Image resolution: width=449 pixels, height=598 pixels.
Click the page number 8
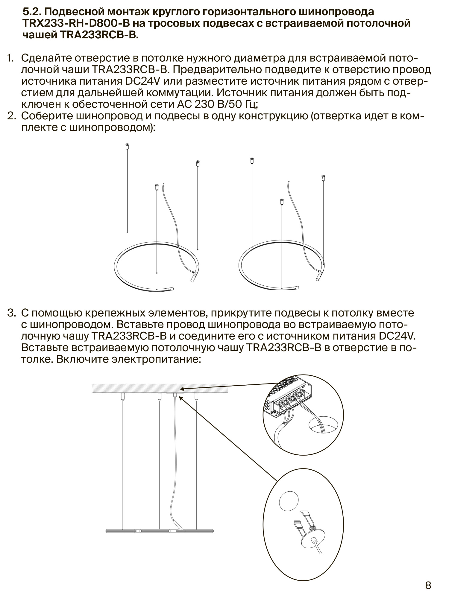coord(428,585)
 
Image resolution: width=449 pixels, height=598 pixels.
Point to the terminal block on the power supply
coord(289,401)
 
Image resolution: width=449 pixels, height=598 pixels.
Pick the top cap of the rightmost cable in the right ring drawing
coord(323,178)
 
